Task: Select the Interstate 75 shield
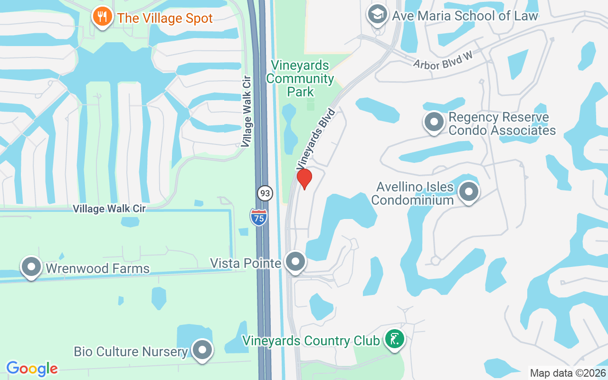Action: tap(258, 217)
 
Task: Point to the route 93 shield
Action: tap(265, 193)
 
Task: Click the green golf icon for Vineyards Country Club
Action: tap(394, 339)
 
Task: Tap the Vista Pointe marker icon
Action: tap(296, 261)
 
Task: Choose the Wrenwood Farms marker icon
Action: tap(31, 267)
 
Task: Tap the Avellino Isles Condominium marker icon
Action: tap(469, 192)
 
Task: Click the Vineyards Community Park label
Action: tap(300, 78)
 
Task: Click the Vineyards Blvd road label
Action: tap(316, 139)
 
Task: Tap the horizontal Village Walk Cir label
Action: tap(109, 209)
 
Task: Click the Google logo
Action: tap(32, 368)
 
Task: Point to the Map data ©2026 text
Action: tap(567, 373)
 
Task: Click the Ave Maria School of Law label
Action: tap(465, 16)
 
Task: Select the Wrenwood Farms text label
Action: tap(97, 268)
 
